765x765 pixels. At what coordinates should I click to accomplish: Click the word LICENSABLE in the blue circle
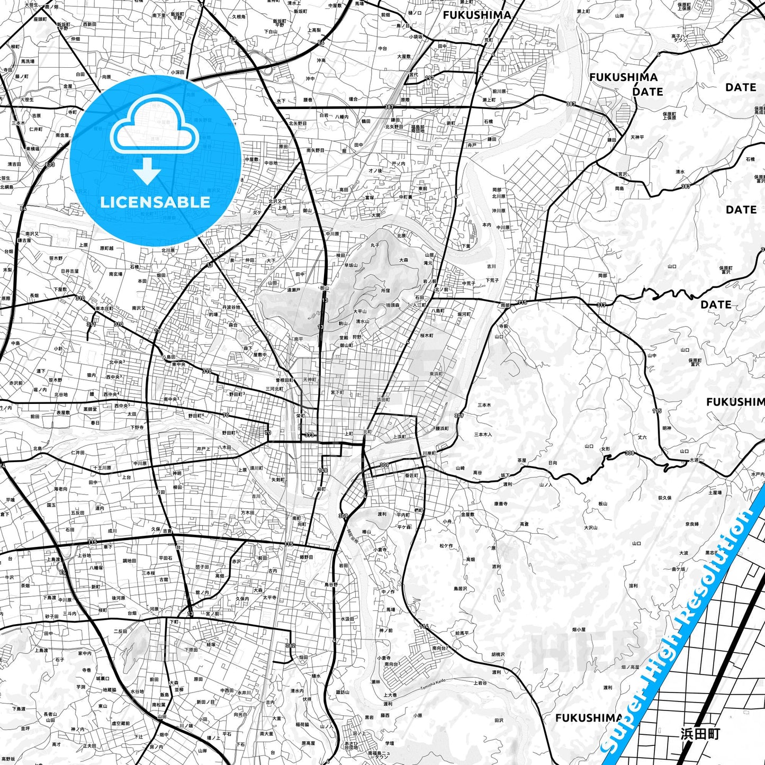pyautogui.click(x=155, y=202)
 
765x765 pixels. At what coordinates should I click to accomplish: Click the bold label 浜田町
pyautogui.click(x=700, y=734)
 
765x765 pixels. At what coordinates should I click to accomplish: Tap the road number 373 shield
pyautogui.click(x=309, y=435)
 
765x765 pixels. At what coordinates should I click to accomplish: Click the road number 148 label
pyautogui.click(x=322, y=470)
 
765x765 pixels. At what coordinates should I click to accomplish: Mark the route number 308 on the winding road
pyautogui.click(x=629, y=453)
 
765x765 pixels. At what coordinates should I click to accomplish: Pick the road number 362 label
pyautogui.click(x=290, y=645)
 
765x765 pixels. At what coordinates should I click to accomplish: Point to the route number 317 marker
pyautogui.click(x=601, y=305)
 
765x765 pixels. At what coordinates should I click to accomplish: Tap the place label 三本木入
pyautogui.click(x=483, y=435)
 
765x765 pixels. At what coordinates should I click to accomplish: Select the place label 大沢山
pyautogui.click(x=590, y=528)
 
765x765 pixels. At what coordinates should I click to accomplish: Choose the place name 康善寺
pyautogui.click(x=500, y=504)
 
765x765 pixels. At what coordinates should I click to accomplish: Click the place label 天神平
pyautogui.click(x=637, y=137)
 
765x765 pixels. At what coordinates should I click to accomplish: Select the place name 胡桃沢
pyautogui.click(x=498, y=655)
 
